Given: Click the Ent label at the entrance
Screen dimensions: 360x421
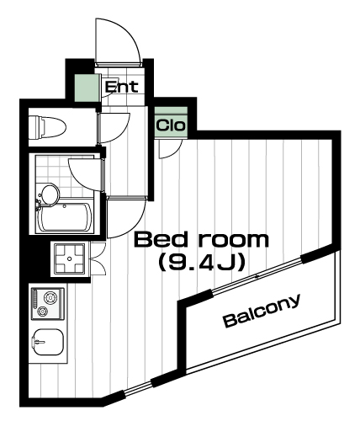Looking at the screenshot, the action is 122,87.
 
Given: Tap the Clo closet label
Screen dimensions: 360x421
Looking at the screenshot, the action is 171,125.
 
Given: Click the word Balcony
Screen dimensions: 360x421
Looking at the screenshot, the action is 262,311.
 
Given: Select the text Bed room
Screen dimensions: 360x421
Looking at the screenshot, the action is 201,239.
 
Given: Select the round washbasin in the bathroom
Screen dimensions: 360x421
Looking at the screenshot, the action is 50,194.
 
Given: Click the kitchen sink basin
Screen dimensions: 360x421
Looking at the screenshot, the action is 48,342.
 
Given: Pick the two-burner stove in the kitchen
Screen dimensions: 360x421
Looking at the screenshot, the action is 48,303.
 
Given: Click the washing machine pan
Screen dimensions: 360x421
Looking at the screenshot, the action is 70,258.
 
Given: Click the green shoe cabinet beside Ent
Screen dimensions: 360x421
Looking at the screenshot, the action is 87,88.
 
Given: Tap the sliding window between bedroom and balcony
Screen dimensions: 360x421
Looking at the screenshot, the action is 257,276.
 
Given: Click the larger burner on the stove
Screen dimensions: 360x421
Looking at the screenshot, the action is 50,297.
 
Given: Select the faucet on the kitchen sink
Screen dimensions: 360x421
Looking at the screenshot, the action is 39,342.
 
